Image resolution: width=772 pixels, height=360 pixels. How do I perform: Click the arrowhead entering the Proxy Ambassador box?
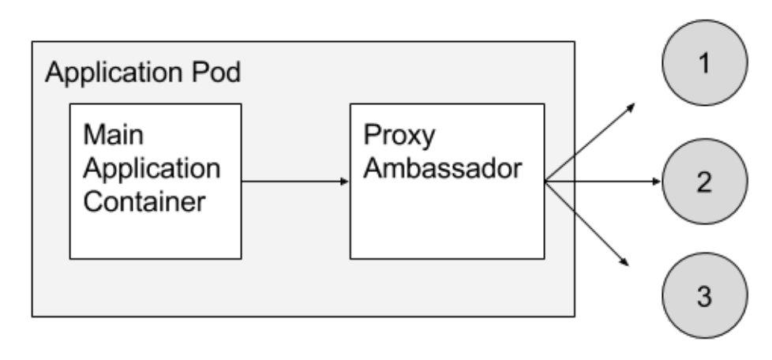tap(344, 182)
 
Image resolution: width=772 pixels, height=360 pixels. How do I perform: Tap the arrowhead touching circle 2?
tap(656, 182)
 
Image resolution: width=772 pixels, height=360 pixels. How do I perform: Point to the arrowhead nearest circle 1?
tap(633, 105)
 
